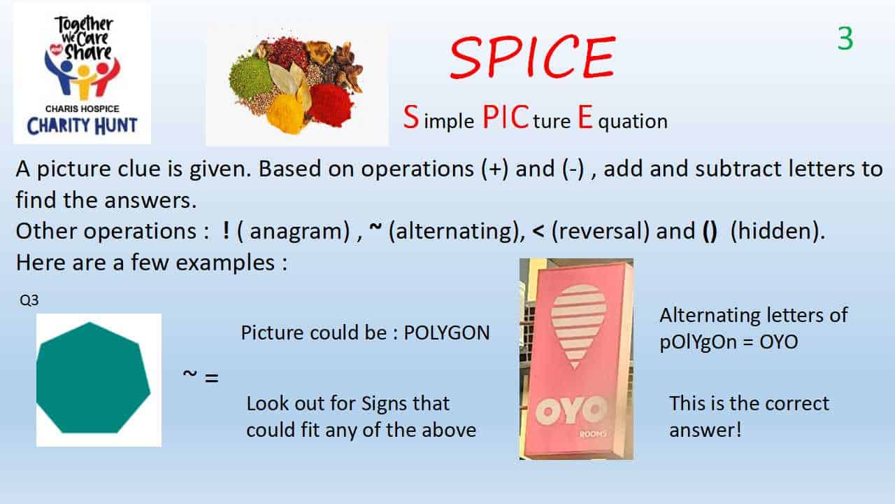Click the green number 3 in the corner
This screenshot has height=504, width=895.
(x=845, y=38)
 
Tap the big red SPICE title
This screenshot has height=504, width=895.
(x=533, y=57)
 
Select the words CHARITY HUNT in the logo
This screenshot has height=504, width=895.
(x=82, y=125)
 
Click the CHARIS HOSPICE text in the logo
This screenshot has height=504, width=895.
(x=83, y=108)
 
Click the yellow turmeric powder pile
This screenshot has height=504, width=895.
(x=286, y=113)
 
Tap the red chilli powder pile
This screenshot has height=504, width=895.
(x=331, y=105)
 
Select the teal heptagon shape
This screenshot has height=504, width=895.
(x=93, y=379)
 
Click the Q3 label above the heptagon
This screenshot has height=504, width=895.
(x=29, y=300)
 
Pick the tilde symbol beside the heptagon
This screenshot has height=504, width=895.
(x=189, y=374)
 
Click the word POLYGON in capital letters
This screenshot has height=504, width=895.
(x=447, y=332)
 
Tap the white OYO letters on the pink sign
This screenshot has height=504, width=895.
(x=570, y=411)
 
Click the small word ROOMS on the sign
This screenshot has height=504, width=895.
(x=594, y=434)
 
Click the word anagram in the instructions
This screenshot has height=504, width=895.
(x=299, y=231)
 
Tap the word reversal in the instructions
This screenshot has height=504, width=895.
(x=600, y=231)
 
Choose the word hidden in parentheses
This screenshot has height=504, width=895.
(x=776, y=231)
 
